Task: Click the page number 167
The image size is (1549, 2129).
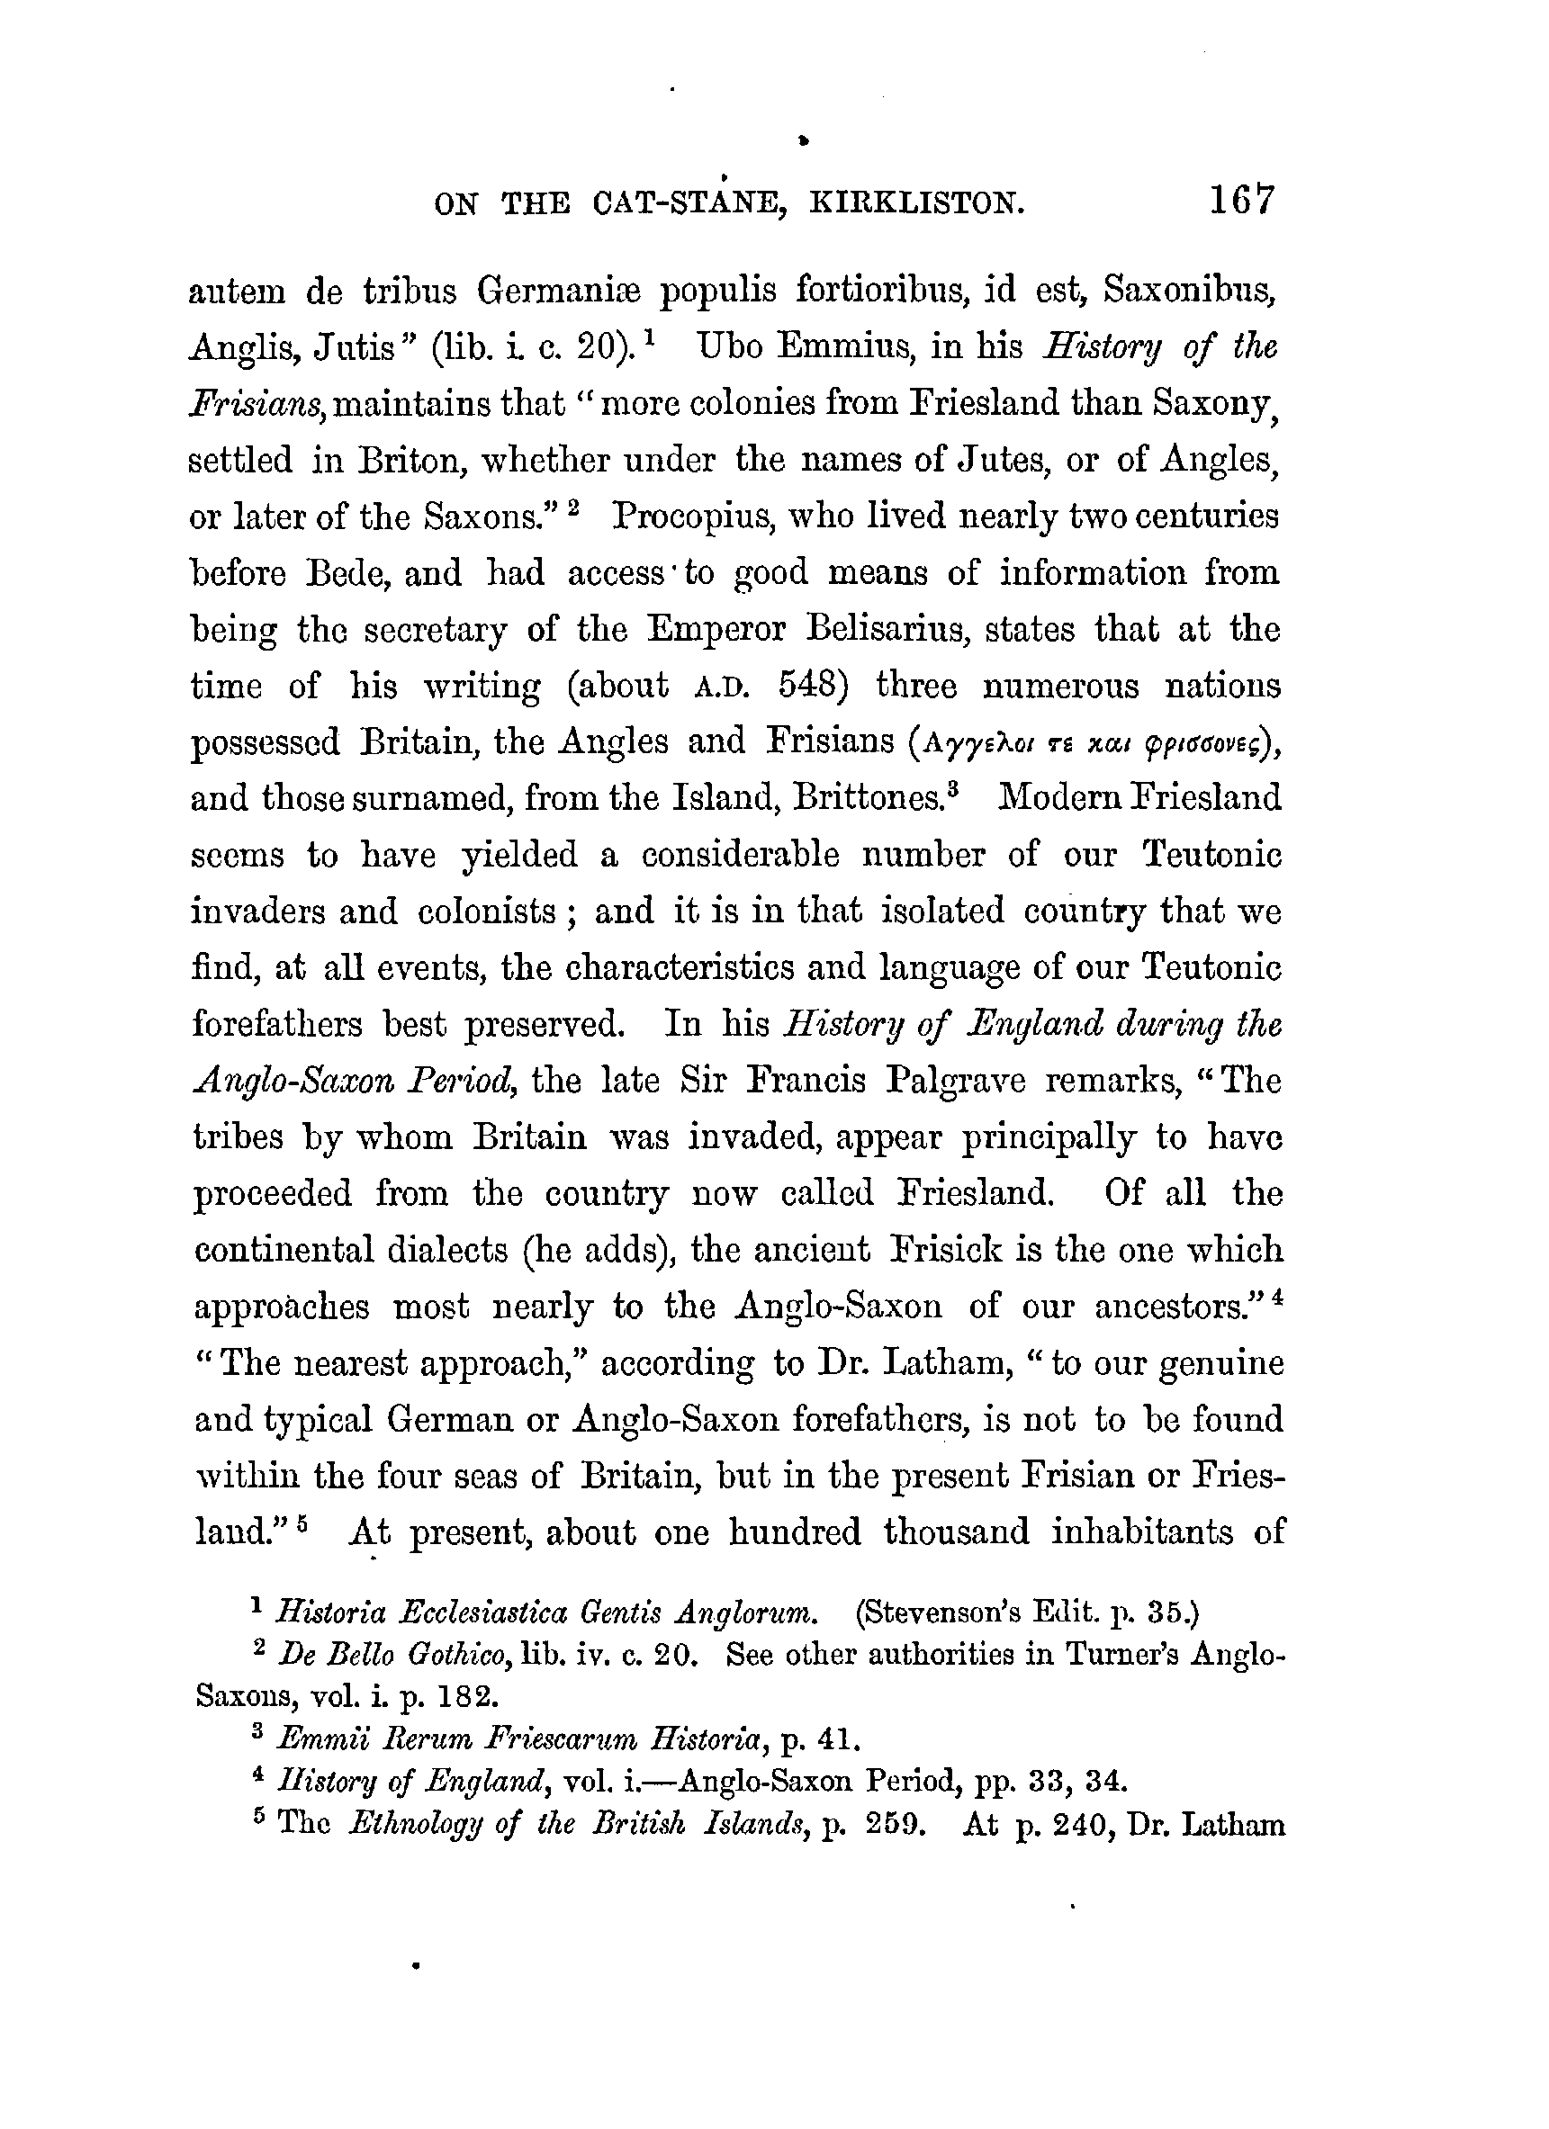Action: (1242, 200)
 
